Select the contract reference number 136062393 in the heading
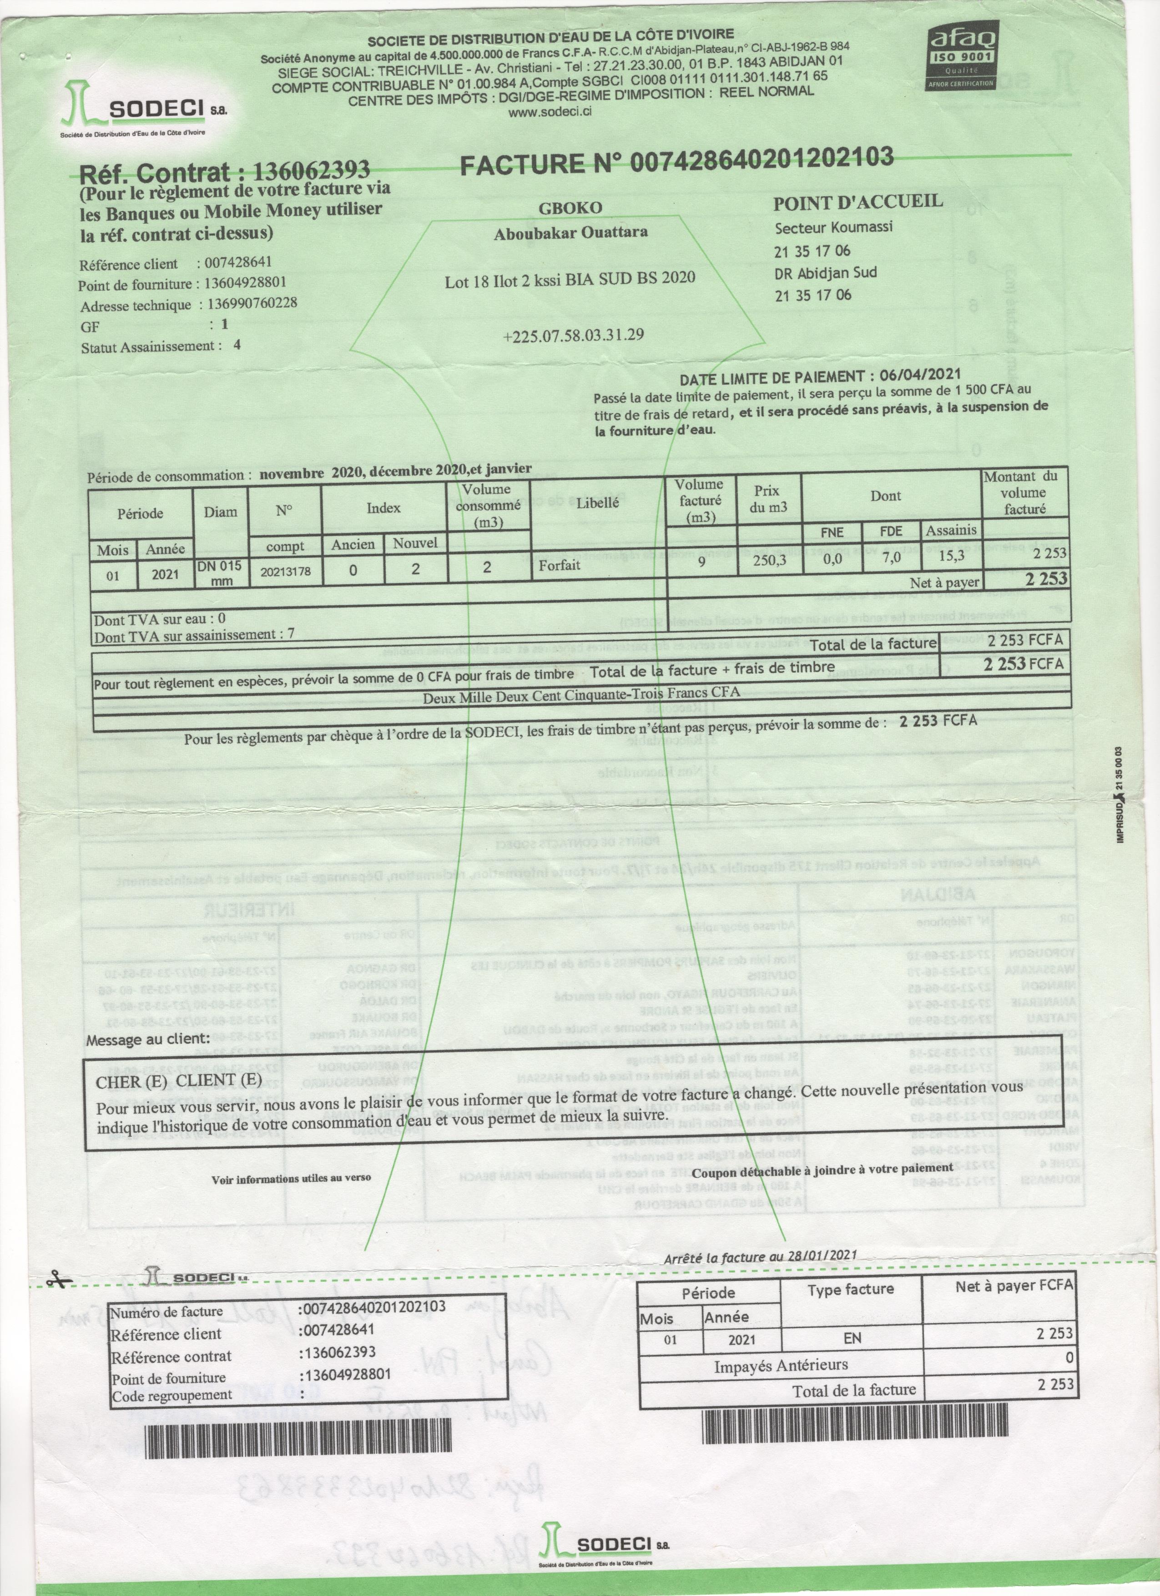tap(311, 170)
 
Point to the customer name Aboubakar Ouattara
tap(571, 233)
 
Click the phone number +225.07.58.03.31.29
tap(573, 334)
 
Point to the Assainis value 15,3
tap(951, 557)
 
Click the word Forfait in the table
tap(560, 564)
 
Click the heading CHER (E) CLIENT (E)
tap(179, 1081)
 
